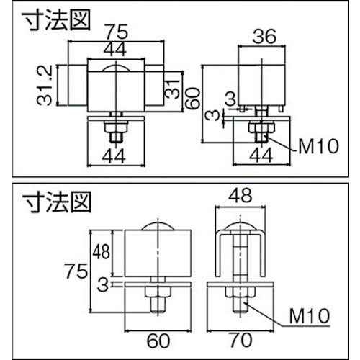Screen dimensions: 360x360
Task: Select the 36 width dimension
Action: pyautogui.click(x=264, y=35)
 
